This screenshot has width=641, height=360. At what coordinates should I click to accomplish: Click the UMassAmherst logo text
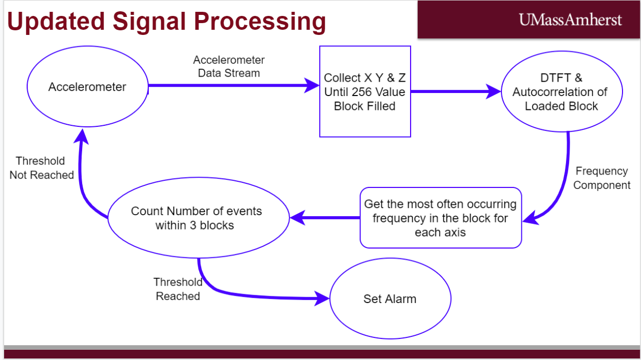[570, 20]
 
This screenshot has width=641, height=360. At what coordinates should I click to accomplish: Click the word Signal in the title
[149, 22]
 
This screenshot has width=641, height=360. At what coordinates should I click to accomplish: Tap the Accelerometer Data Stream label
[229, 66]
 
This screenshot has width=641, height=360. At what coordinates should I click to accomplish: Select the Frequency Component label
[602, 178]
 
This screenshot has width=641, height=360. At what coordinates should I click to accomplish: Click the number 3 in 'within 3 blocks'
[193, 225]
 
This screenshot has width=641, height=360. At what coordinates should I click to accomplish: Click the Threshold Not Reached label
[42, 168]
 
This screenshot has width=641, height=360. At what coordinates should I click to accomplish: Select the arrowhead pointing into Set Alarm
[322, 298]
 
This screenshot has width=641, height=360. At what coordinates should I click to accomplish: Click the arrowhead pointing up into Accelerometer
[82, 136]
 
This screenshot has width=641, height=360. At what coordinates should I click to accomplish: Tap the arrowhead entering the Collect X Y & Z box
[312, 85]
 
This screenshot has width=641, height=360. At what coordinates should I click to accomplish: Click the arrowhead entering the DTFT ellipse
[493, 91]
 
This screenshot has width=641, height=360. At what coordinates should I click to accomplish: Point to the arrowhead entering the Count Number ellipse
[298, 218]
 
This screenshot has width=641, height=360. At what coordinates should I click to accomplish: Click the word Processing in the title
[260, 22]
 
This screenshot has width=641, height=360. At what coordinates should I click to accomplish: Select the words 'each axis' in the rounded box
[440, 232]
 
